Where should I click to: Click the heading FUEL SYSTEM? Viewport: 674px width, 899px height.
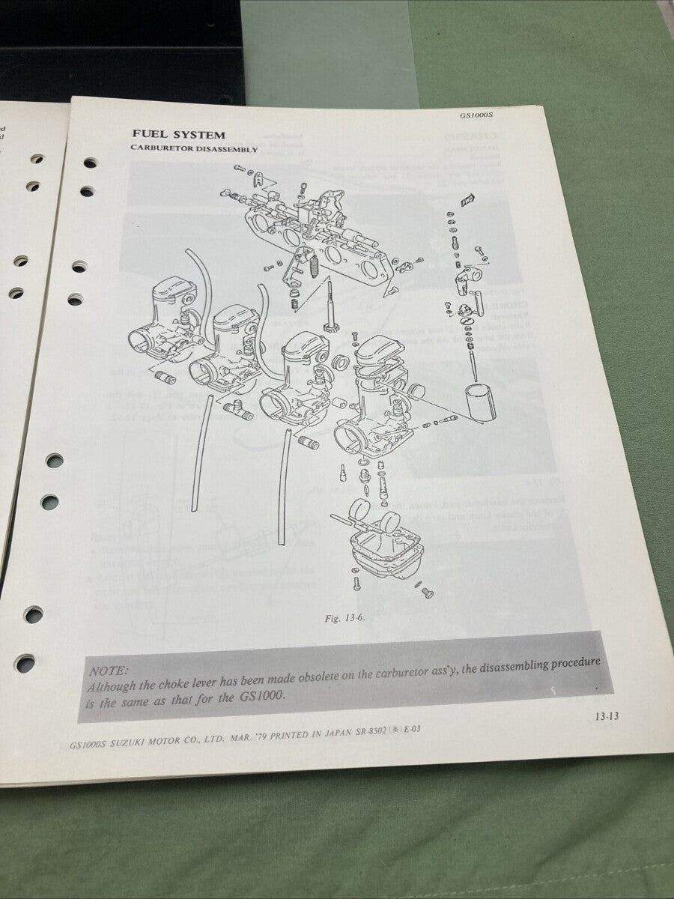coord(178,135)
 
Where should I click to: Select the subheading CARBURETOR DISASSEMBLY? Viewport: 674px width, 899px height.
coord(194,149)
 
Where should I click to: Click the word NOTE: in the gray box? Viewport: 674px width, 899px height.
coord(109,672)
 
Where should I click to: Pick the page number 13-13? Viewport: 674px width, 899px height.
coord(607,716)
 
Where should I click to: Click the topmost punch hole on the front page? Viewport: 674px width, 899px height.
coord(90,163)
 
